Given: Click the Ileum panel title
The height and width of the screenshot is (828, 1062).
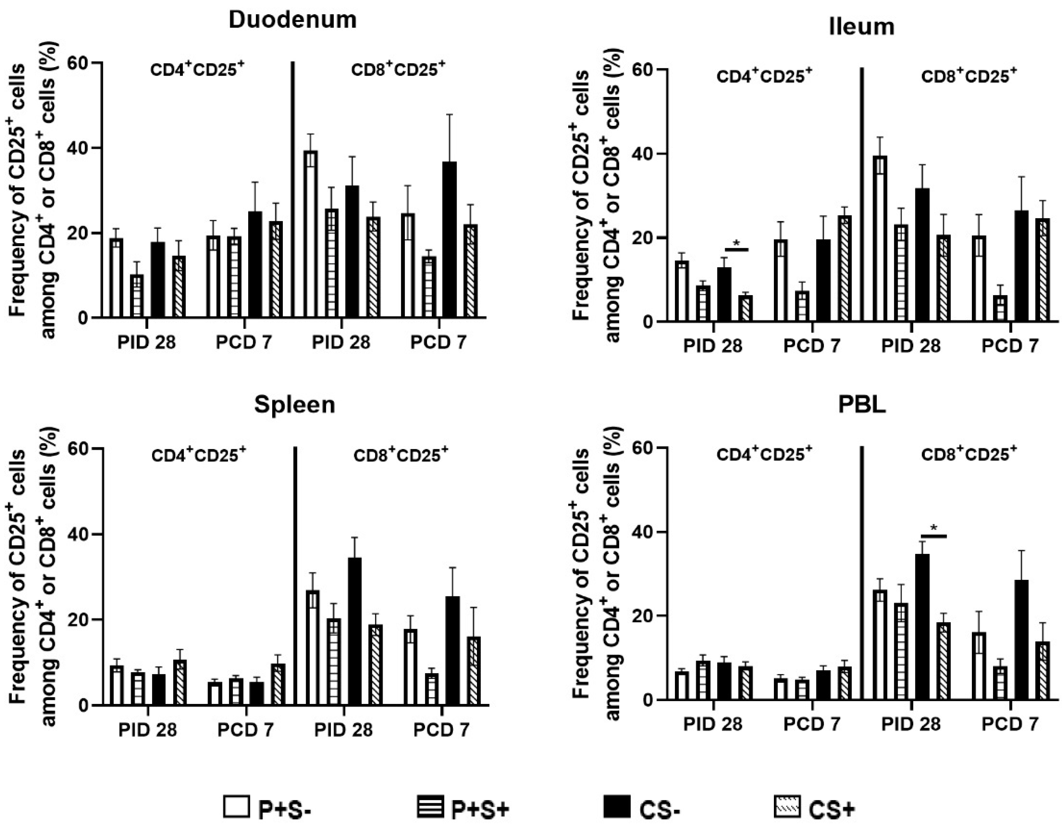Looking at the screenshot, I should tap(861, 27).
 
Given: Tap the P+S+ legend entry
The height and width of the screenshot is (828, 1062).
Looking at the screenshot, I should tap(462, 807).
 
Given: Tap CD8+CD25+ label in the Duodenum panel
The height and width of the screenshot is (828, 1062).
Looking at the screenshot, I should tap(398, 70).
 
